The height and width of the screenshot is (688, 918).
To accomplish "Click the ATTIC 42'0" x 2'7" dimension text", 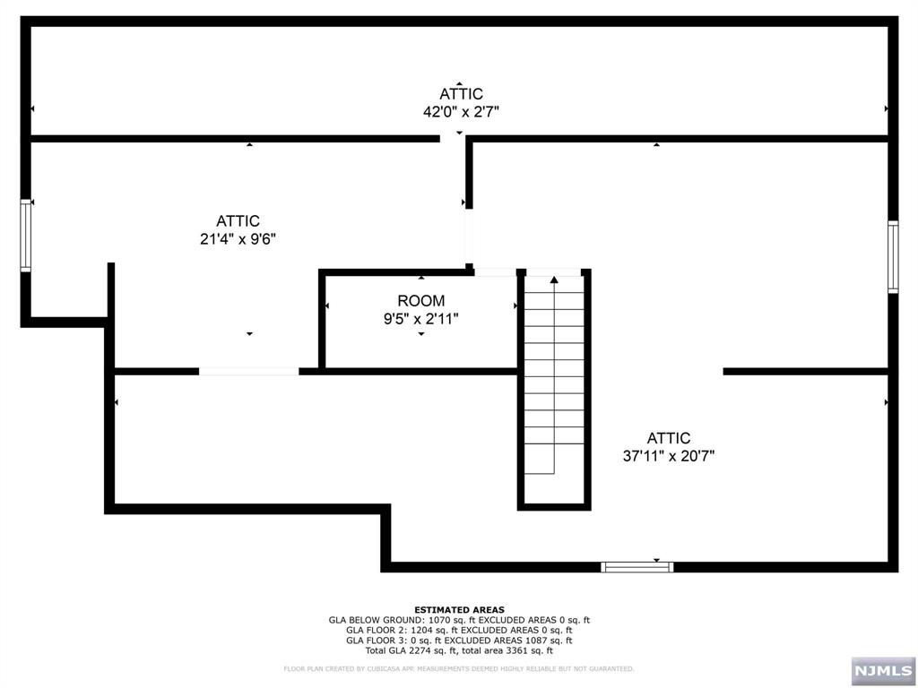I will tap(460, 112).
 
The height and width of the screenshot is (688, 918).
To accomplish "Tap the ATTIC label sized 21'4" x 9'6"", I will tap(238, 221).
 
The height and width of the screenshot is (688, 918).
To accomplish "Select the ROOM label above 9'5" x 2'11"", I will tap(420, 301).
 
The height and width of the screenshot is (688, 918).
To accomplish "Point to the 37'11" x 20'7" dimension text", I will tap(669, 456).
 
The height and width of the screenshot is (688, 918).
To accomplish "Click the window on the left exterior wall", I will tap(26, 235).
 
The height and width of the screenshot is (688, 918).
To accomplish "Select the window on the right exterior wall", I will tap(892, 257).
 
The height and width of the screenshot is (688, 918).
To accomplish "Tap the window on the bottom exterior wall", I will tap(637, 566).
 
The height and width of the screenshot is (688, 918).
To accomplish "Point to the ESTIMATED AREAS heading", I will tap(459, 609).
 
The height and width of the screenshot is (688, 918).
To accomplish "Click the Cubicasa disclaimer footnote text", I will tap(459, 668).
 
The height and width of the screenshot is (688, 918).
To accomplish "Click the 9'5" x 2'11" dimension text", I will tap(420, 319).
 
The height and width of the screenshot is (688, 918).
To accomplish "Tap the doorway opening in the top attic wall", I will tap(454, 139).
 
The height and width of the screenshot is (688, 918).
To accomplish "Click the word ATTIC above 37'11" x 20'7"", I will tap(669, 438).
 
